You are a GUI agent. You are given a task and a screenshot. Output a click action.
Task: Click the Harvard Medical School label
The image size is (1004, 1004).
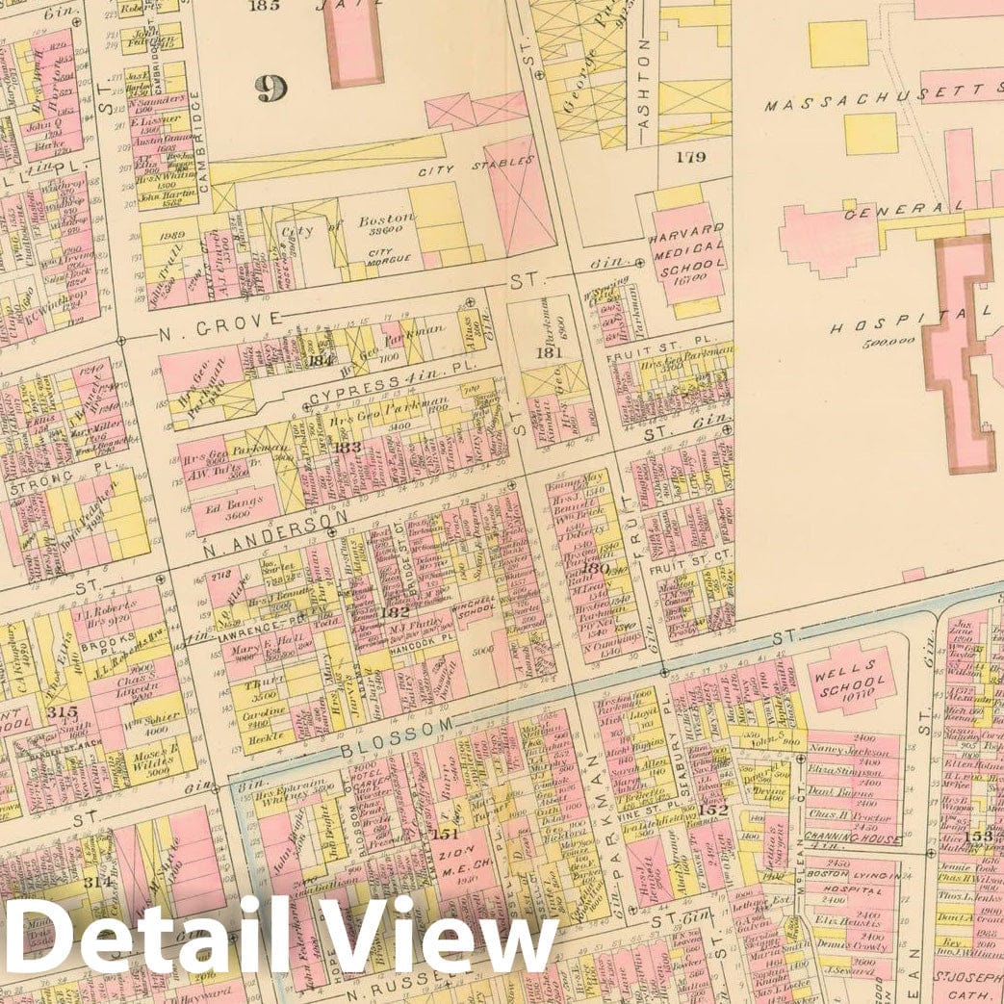[685, 253]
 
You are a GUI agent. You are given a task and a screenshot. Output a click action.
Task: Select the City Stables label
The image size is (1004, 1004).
[475, 167]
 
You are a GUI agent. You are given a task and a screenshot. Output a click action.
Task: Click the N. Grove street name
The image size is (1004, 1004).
[221, 320]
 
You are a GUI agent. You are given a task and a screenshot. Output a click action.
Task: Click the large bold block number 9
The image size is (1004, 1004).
[270, 89]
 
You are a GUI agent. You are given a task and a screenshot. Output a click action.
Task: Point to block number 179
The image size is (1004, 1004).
[690, 156]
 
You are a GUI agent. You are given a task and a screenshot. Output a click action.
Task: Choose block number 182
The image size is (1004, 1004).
[395, 611]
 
